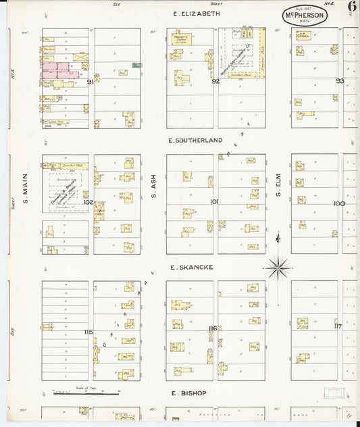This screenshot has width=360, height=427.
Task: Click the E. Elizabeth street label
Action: pyautogui.click(x=197, y=14)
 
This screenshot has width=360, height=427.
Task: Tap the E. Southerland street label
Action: pyautogui.click(x=196, y=141)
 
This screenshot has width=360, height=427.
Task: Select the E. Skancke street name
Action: pyautogui.click(x=192, y=268)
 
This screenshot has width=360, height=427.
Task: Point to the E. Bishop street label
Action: pyautogui.click(x=188, y=393)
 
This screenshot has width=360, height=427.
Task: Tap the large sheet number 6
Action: pyautogui.click(x=352, y=7)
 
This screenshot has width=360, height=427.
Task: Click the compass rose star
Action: pyautogui.click(x=278, y=268)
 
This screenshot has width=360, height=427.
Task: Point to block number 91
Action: pyautogui.click(x=90, y=81)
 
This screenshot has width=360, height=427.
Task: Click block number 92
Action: pyautogui.click(x=215, y=81)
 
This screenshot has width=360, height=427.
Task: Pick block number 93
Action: pyautogui.click(x=339, y=81)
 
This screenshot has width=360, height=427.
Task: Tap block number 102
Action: pyautogui.click(x=87, y=201)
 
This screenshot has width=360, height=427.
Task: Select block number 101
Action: pyautogui.click(x=214, y=201)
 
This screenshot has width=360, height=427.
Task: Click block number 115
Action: pyautogui.click(x=88, y=332)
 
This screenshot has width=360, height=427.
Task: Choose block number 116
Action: pyautogui.click(x=213, y=328)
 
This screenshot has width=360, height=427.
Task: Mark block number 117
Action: pyautogui.click(x=338, y=326)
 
